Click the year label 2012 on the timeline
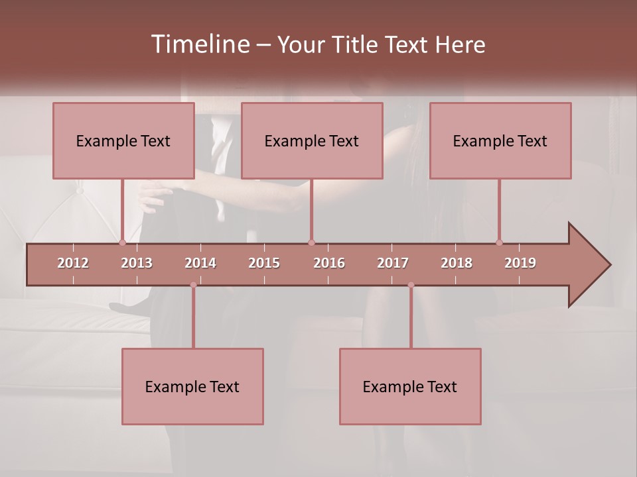click(x=73, y=263)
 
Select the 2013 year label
click(x=137, y=263)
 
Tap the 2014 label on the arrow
click(x=200, y=263)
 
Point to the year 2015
click(x=264, y=263)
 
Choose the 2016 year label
click(x=329, y=263)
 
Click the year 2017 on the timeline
click(x=393, y=263)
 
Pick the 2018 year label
click(x=457, y=263)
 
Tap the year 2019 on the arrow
click(x=520, y=263)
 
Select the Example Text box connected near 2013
click(x=123, y=140)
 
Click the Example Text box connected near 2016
click(x=312, y=140)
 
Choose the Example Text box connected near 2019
click(x=500, y=140)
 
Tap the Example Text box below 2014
click(x=192, y=386)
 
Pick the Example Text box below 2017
click(x=410, y=386)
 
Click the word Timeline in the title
click(x=199, y=44)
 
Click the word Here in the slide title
click(x=460, y=44)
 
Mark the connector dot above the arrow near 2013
click(x=123, y=242)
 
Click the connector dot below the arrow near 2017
click(x=411, y=285)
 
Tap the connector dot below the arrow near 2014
click(x=193, y=285)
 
